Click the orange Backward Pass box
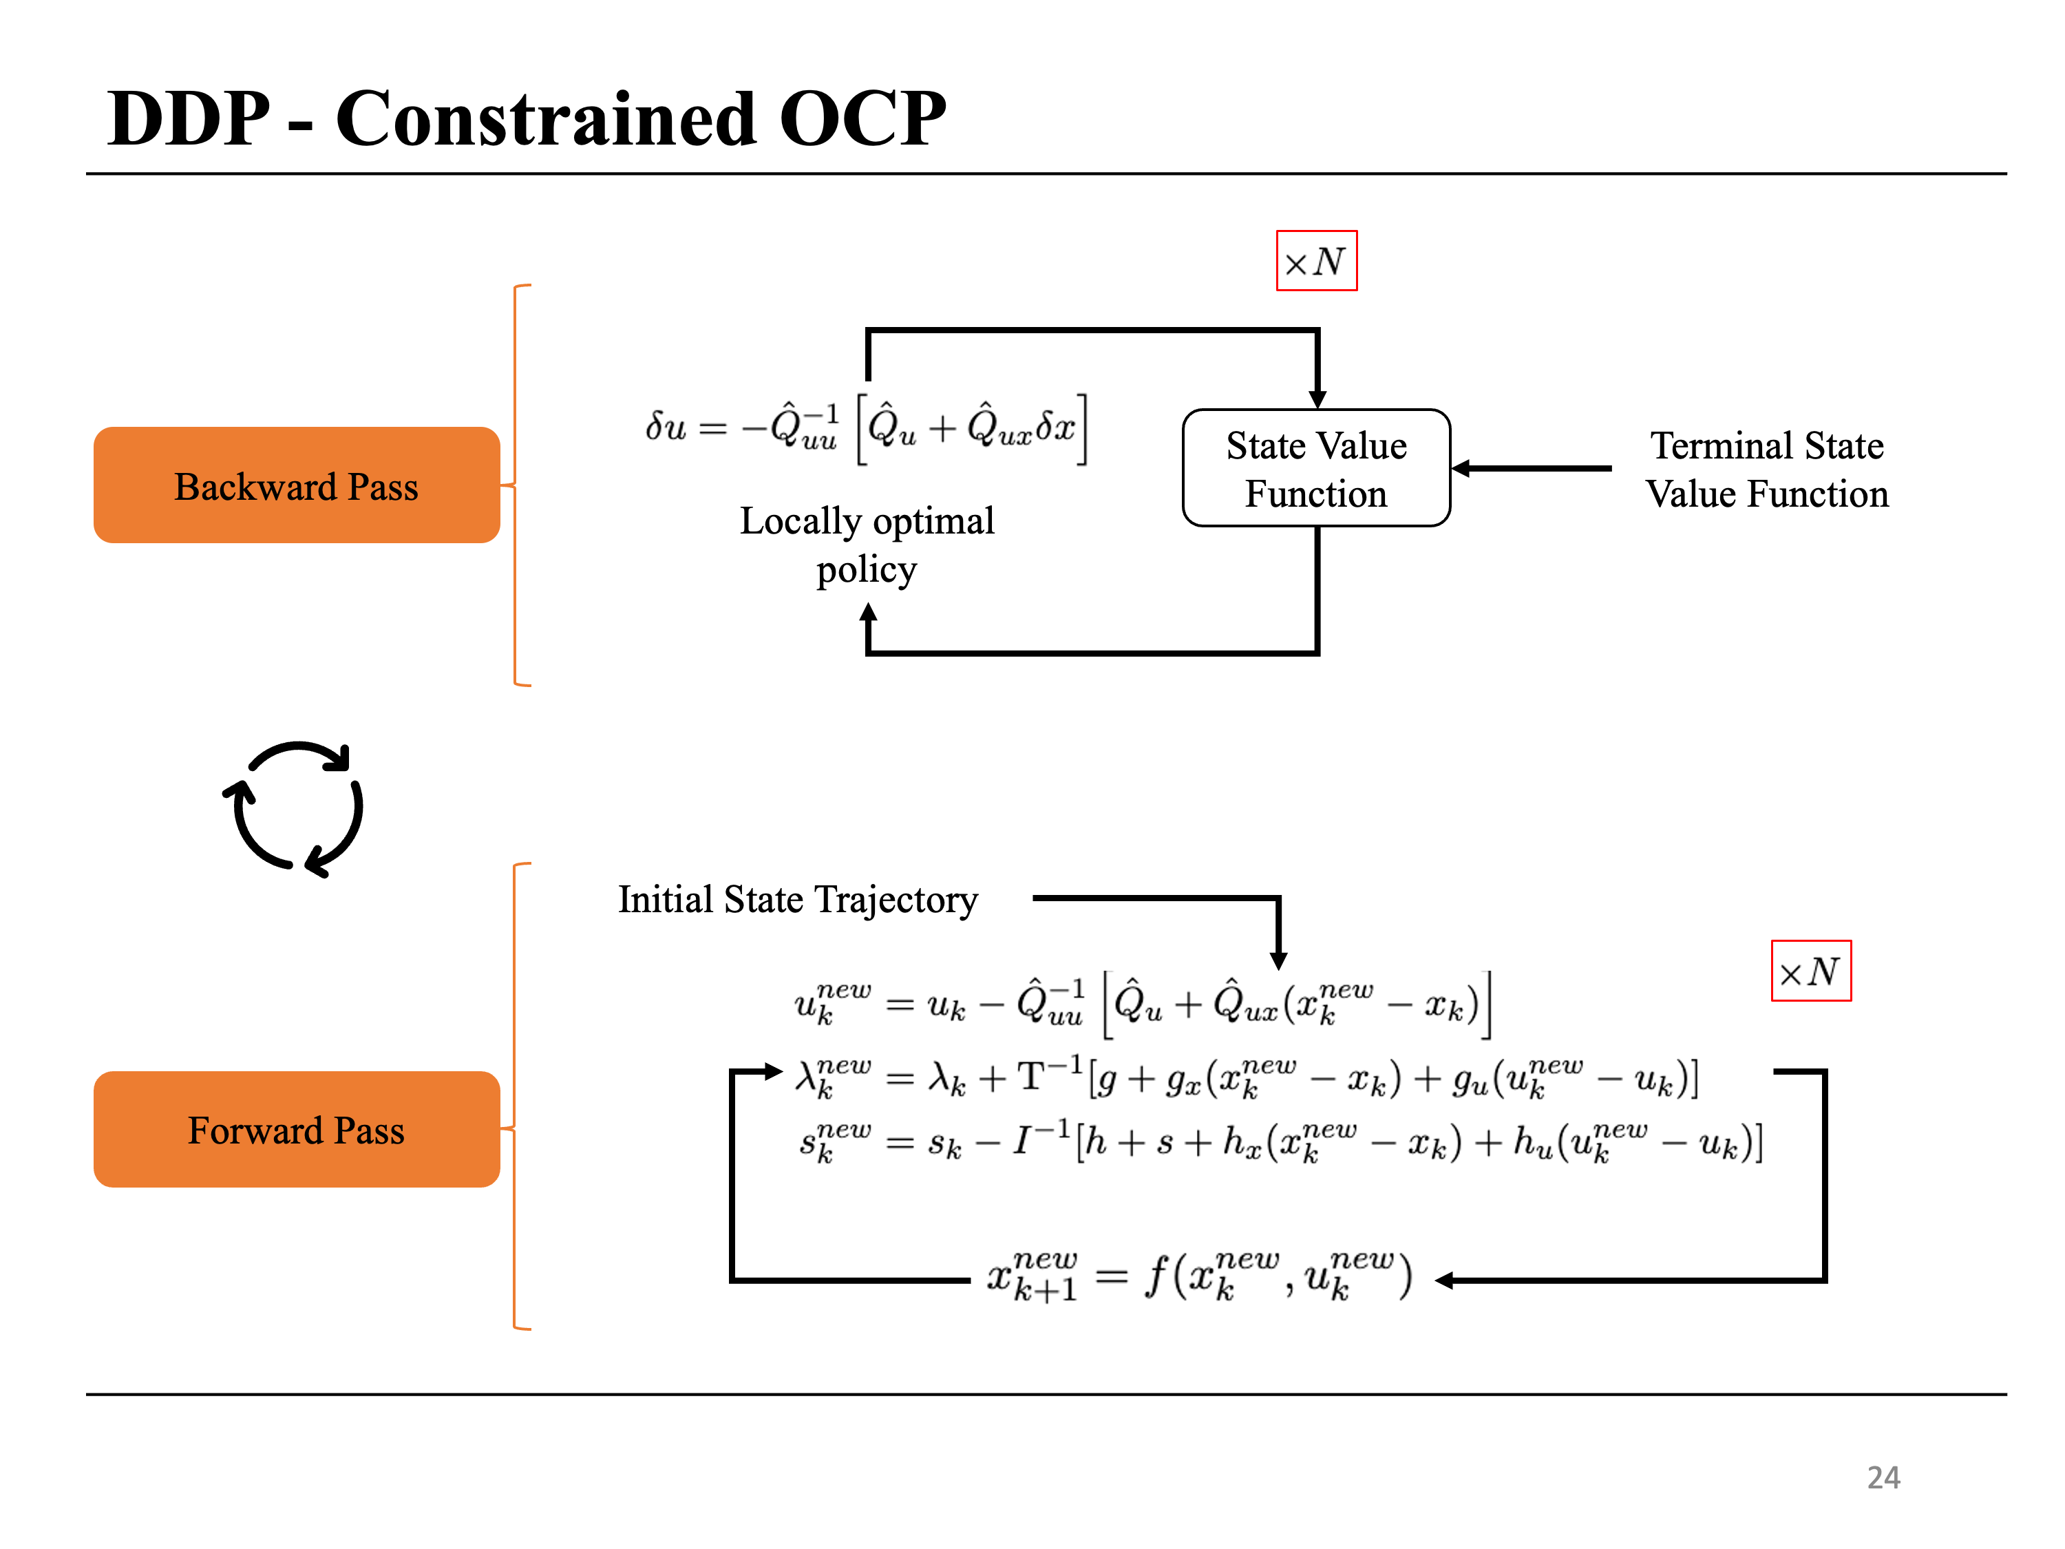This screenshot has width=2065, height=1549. tap(296, 485)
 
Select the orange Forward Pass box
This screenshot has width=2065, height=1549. tap(296, 1129)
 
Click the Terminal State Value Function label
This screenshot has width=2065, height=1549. tap(1766, 470)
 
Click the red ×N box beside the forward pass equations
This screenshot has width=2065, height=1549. tap(1810, 971)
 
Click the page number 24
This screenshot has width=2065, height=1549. tap(1883, 1477)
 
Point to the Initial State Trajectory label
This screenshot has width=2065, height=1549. tap(798, 899)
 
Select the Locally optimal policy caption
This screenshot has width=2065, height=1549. tap(867, 545)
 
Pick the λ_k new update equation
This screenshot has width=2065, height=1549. tap(1247, 1077)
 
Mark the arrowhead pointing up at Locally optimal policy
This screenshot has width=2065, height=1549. tap(868, 613)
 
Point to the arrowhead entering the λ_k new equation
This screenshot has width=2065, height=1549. tap(772, 1071)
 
